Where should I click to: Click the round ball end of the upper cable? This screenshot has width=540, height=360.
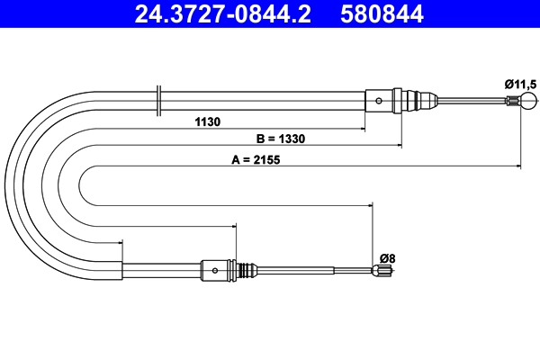(x=522, y=100)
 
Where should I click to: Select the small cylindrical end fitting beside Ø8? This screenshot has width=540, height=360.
(x=382, y=269)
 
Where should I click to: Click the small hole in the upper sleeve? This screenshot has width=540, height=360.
(x=379, y=100)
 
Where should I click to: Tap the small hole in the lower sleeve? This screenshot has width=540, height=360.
(x=215, y=269)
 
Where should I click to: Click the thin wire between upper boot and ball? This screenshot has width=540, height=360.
(x=468, y=100)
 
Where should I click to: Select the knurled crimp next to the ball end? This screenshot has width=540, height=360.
(x=509, y=100)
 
